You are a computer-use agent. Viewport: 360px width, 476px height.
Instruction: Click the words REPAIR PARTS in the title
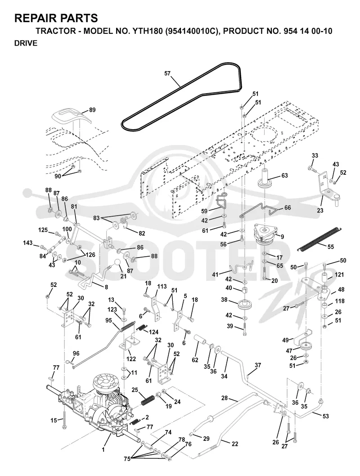click(56, 18)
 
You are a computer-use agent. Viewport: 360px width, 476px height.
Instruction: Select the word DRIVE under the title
click(26, 43)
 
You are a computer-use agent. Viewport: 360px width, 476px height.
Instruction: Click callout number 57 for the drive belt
click(167, 73)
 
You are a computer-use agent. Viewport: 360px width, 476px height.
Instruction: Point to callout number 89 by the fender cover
click(92, 110)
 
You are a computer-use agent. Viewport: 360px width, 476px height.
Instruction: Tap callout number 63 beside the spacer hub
click(284, 176)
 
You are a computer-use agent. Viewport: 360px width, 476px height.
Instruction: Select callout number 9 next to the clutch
click(282, 236)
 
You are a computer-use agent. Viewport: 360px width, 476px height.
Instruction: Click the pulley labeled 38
click(246, 304)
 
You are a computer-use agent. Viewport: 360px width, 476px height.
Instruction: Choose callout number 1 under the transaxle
click(103, 450)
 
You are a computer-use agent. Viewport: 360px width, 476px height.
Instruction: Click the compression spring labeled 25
click(148, 398)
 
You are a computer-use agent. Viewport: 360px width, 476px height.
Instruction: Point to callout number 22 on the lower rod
click(235, 444)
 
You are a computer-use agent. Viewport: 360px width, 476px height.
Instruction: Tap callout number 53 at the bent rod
click(325, 416)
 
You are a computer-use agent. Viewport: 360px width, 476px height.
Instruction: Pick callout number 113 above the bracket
click(162, 286)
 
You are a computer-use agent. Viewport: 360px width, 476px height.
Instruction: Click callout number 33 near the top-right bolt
click(315, 156)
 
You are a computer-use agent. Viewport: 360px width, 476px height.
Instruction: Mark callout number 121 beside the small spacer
click(339, 275)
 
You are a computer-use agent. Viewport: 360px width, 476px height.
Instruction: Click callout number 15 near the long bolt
click(54, 421)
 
